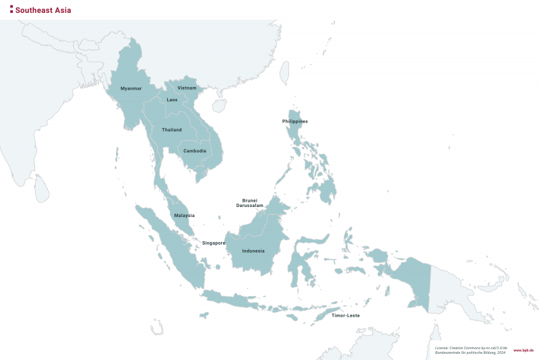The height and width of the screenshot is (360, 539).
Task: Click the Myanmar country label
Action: click(x=131, y=88)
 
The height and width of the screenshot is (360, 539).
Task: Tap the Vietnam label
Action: click(x=187, y=88)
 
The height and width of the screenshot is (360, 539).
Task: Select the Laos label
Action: click(x=172, y=100)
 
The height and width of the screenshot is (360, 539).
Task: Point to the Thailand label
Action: click(x=172, y=129)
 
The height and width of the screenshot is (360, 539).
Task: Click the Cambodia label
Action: click(x=195, y=150)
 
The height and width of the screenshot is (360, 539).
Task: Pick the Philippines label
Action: click(x=295, y=121)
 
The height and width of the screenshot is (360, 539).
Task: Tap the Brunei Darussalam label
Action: click(x=249, y=203)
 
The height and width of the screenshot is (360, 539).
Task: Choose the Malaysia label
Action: click(x=184, y=216)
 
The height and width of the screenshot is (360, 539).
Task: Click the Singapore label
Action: click(x=214, y=243)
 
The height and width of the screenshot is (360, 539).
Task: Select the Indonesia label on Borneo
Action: click(x=253, y=251)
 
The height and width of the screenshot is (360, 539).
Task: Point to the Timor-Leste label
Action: click(x=346, y=316)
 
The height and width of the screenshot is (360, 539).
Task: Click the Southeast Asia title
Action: click(x=43, y=10)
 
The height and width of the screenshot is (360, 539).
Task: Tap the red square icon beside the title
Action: click(x=11, y=10)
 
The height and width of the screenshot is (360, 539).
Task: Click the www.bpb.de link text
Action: click(x=524, y=351)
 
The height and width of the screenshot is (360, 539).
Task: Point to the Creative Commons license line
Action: click(x=470, y=347)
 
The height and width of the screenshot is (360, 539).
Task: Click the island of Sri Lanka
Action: click(x=42, y=189)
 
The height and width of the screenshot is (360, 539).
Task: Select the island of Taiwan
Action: click(x=284, y=72)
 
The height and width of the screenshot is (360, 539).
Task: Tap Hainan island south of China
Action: click(x=219, y=106)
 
